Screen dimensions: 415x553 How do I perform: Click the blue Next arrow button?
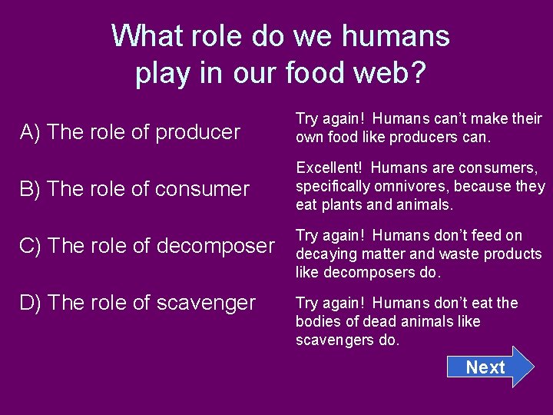click(488, 367)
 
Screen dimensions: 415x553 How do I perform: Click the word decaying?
click(323, 254)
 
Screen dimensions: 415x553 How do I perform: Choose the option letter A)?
click(31, 132)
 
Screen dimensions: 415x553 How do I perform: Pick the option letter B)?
click(31, 189)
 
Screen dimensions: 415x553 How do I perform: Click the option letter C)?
click(31, 246)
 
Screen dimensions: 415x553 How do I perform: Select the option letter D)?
click(31, 303)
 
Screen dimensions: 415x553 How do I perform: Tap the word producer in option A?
click(198, 132)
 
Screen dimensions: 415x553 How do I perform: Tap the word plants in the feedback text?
click(348, 204)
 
